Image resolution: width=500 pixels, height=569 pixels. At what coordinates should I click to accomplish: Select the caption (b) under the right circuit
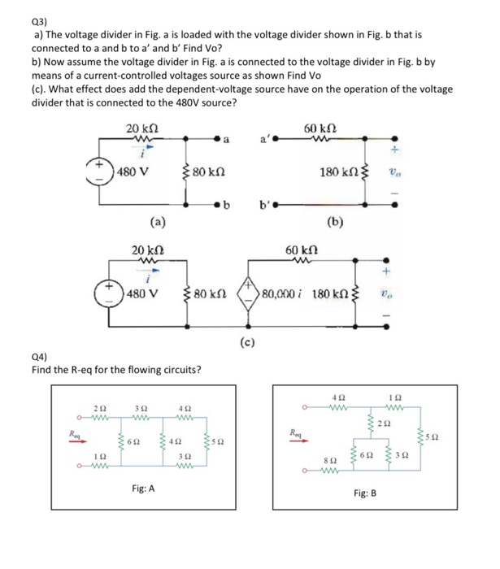334,220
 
